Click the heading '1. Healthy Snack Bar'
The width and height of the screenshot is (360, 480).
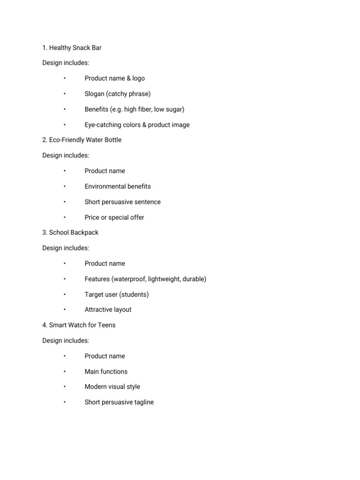[x=72, y=48]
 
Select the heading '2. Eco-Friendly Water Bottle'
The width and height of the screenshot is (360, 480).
[x=82, y=140]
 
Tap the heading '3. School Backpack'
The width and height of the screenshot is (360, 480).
[x=70, y=232]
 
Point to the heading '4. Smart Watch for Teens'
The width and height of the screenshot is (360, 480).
[x=79, y=325]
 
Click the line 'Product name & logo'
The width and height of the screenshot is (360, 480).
[x=114, y=78]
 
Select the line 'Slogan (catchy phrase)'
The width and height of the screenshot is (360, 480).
[x=118, y=94]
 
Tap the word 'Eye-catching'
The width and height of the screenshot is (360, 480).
[x=103, y=125]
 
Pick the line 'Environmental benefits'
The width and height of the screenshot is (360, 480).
[x=118, y=187]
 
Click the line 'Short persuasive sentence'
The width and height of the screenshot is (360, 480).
[x=122, y=202]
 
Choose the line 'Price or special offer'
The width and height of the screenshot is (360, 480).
[x=114, y=217]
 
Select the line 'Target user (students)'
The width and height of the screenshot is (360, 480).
[x=117, y=294]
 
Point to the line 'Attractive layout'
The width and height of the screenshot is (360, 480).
[x=108, y=310]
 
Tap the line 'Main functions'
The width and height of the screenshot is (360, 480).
[x=106, y=372]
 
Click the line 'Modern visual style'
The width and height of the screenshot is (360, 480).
[x=112, y=387]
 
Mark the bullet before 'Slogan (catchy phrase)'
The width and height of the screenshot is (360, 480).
[x=64, y=94]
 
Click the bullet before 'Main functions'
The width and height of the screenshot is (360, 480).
[x=64, y=372]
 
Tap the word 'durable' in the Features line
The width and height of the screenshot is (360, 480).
[x=193, y=279]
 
